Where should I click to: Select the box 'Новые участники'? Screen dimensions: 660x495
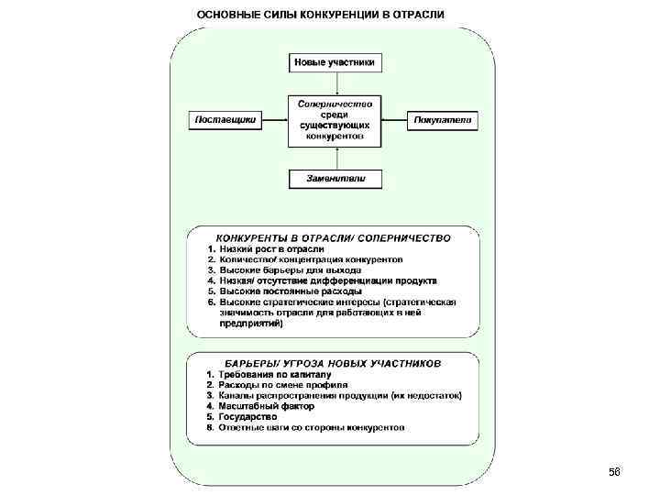[x=336, y=63]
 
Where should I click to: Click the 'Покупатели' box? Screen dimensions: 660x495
[x=444, y=119]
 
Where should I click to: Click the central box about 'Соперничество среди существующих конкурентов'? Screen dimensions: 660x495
[x=336, y=119]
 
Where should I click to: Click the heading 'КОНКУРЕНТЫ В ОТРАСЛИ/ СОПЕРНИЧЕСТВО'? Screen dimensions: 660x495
[x=334, y=237]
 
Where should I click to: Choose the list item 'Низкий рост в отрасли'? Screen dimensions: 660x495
[x=271, y=249]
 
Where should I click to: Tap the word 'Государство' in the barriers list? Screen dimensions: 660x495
[x=247, y=417]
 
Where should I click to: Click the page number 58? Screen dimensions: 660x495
[x=614, y=471]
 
